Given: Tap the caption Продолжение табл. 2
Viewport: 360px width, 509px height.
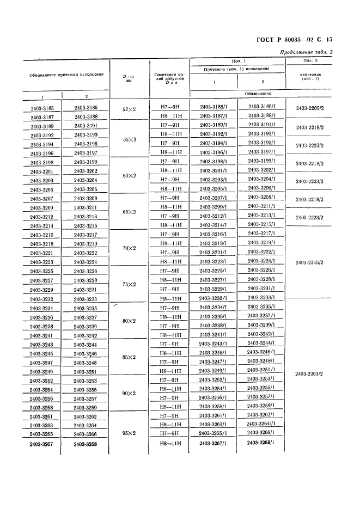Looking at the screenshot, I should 306,52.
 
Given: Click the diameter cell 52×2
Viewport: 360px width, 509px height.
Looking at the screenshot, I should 129,109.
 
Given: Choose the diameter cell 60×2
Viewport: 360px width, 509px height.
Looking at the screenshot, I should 129,176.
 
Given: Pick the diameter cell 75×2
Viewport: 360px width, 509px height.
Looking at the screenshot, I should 129,284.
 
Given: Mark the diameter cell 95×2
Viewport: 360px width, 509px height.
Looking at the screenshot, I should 129,433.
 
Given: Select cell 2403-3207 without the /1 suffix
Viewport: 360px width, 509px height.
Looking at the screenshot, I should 41,199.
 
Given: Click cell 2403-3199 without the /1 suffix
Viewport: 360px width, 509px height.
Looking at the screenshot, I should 86,162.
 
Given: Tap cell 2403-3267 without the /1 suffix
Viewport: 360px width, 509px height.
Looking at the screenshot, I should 41,444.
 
